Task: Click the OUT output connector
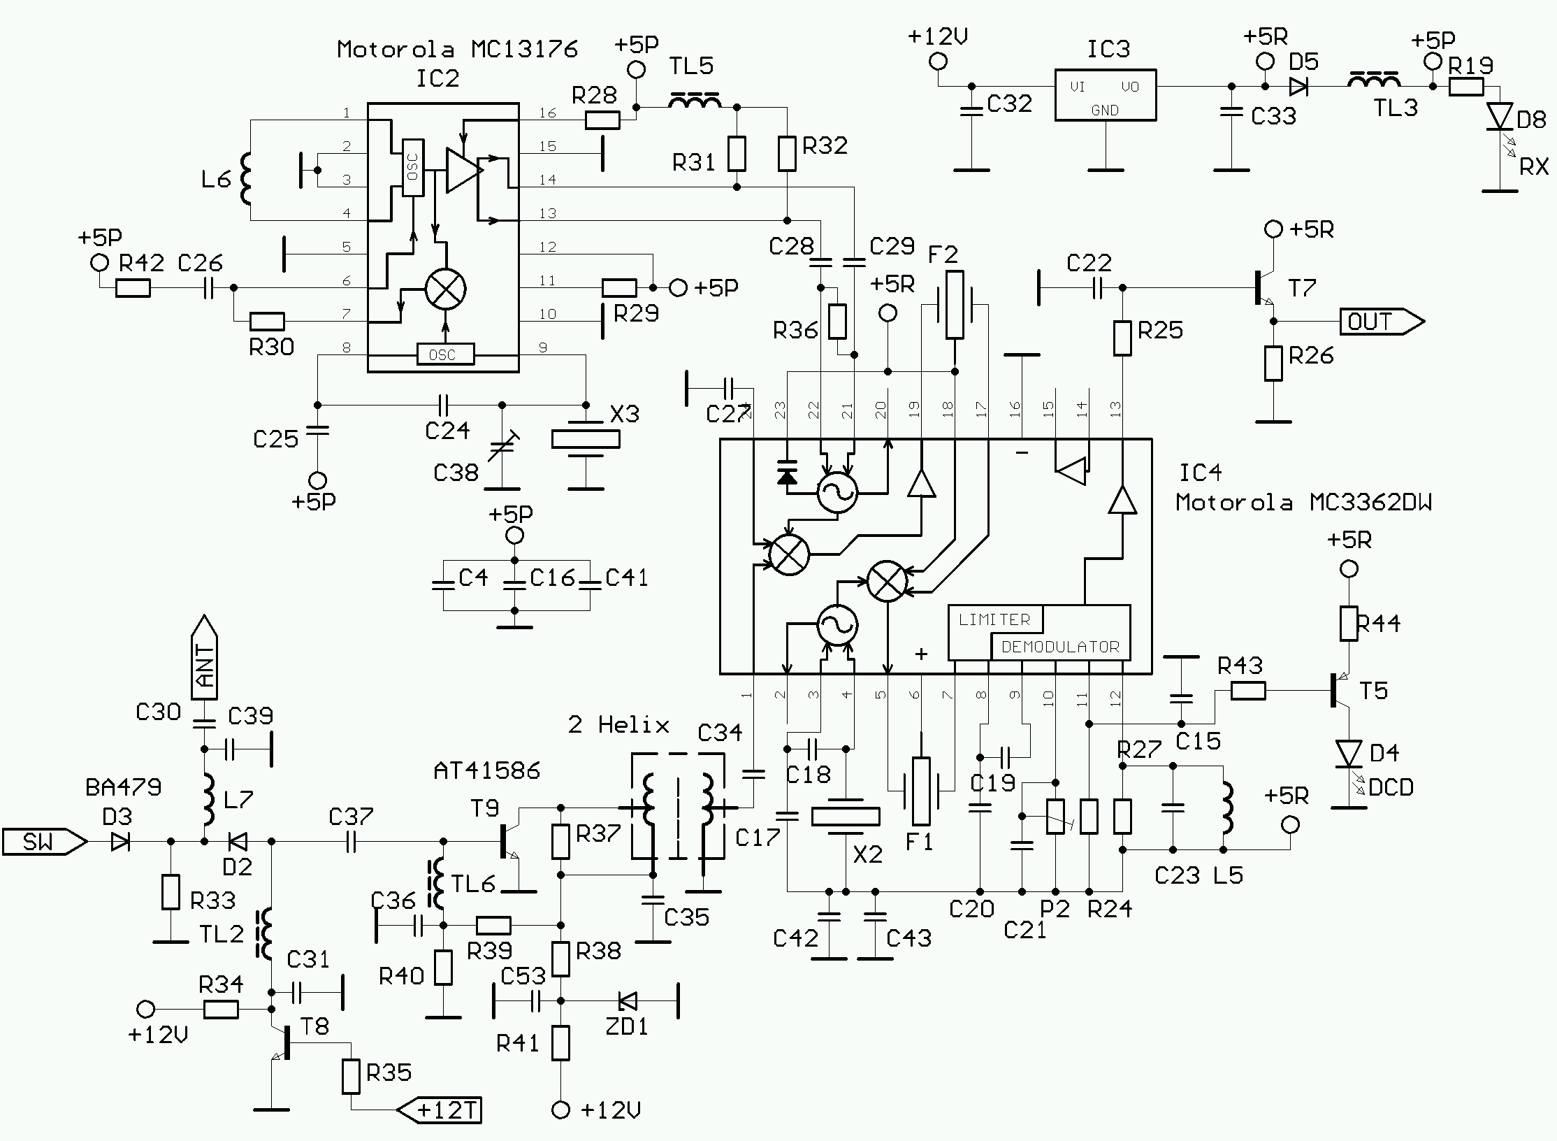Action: [x=1381, y=322]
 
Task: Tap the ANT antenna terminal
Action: [x=204, y=659]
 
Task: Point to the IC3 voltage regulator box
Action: [x=1105, y=95]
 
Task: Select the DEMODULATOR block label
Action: [x=1060, y=647]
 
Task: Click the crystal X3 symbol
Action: [x=586, y=439]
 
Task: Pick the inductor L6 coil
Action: [x=246, y=179]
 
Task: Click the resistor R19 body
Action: [x=1465, y=87]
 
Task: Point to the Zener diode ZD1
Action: [x=628, y=1001]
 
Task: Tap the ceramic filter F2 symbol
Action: [x=955, y=305]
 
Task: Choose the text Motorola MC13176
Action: [x=457, y=49]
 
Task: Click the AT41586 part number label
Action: [x=486, y=770]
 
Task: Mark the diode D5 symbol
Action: [x=1299, y=87]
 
